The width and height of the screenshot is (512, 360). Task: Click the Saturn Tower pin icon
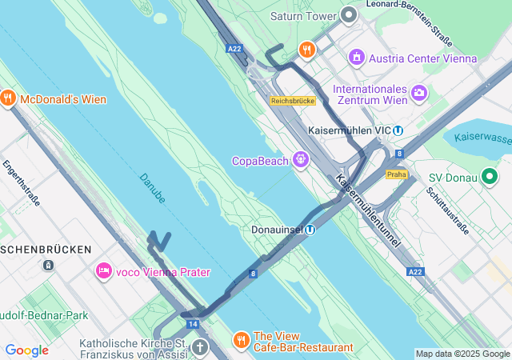[x=348, y=15]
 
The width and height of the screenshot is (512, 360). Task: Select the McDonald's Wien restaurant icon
[x=8, y=98]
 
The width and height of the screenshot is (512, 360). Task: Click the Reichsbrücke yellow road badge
[x=294, y=101]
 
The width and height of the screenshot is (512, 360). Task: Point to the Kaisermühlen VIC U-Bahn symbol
[x=398, y=130]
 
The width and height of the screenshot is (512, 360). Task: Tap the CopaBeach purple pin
[x=300, y=160]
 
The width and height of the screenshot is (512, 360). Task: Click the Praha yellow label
[x=396, y=174]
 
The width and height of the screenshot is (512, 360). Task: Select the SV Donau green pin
[x=490, y=177]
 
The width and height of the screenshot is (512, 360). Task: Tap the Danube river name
[x=152, y=187]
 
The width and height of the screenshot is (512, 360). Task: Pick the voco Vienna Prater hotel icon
[x=103, y=272]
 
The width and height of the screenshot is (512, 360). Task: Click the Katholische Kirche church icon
[x=199, y=347]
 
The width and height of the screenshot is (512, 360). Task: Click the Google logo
[x=26, y=350]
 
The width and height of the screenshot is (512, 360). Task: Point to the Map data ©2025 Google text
[x=462, y=354]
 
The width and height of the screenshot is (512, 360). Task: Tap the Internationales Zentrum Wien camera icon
[x=418, y=94]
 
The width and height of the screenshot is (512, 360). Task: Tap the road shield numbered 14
[x=193, y=324]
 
